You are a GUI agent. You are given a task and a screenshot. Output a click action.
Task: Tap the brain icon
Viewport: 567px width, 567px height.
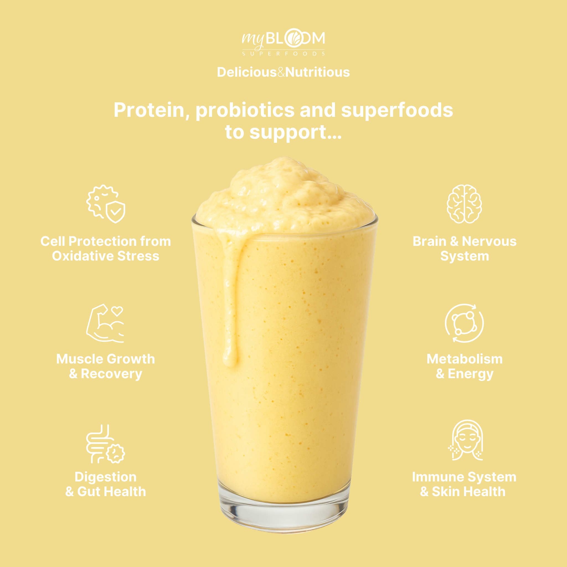click(x=464, y=204)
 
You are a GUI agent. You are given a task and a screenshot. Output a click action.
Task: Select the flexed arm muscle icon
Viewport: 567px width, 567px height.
click(x=105, y=323)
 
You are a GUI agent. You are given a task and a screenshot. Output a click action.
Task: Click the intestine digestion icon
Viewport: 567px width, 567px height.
click(x=105, y=444)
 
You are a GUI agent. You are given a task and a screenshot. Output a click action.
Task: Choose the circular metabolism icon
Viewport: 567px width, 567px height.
click(x=464, y=323)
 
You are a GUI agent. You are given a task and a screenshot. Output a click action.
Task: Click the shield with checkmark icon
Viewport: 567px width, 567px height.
click(x=115, y=212)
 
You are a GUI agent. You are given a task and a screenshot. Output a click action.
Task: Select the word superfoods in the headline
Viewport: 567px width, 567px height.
click(x=397, y=110)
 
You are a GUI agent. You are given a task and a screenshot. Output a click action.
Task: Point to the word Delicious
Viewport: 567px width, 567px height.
click(x=246, y=72)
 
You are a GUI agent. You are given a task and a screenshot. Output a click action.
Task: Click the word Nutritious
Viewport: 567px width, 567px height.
click(x=318, y=72)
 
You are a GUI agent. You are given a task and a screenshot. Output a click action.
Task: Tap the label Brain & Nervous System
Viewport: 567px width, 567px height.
click(x=465, y=249)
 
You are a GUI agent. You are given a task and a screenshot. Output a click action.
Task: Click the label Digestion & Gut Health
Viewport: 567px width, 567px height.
click(x=106, y=484)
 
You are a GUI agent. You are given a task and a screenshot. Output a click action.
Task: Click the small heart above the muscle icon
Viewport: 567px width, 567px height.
click(x=117, y=311)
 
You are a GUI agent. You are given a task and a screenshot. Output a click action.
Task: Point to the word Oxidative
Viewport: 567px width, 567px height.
click(x=83, y=256)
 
